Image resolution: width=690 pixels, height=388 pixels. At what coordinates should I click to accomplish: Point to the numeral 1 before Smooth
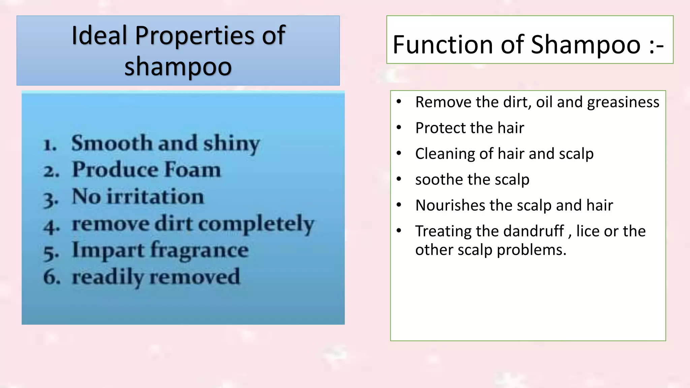click(50, 145)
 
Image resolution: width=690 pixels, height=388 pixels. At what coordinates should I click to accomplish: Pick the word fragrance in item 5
click(199, 251)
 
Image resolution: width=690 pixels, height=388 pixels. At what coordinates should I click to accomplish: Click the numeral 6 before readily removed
click(52, 277)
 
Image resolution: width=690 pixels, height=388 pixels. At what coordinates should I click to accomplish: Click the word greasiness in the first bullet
click(623, 102)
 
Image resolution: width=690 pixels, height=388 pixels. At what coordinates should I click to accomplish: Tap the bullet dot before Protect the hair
click(399, 128)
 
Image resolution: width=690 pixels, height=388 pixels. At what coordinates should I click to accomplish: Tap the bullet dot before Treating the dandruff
click(399, 231)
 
